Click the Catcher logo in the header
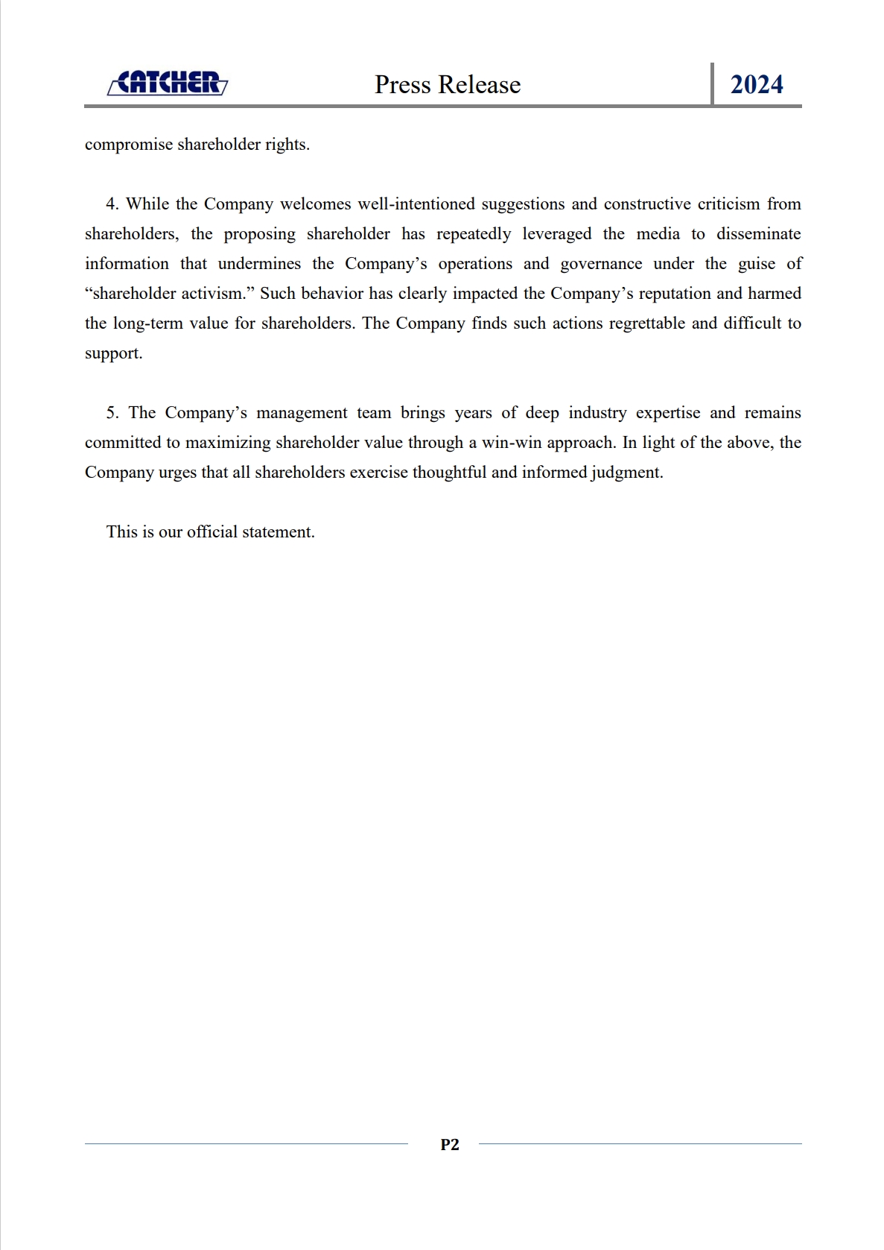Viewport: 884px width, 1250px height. click(168, 83)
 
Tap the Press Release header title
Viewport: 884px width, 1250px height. click(448, 85)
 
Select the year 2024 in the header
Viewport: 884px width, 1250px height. click(757, 85)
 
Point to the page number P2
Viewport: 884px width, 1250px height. click(450, 1145)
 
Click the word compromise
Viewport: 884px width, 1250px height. click(129, 145)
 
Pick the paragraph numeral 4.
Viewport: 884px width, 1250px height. click(112, 204)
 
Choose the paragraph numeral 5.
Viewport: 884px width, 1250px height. click(112, 413)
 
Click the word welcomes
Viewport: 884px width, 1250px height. click(315, 204)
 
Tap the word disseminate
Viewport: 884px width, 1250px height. click(758, 234)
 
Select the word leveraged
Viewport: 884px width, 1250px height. click(556, 234)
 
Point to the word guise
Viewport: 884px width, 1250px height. click(757, 265)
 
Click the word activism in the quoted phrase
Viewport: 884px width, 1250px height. click(214, 294)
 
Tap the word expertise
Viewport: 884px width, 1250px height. click(667, 413)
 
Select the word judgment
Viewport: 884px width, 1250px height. click(626, 473)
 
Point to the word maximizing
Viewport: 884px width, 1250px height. click(228, 443)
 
